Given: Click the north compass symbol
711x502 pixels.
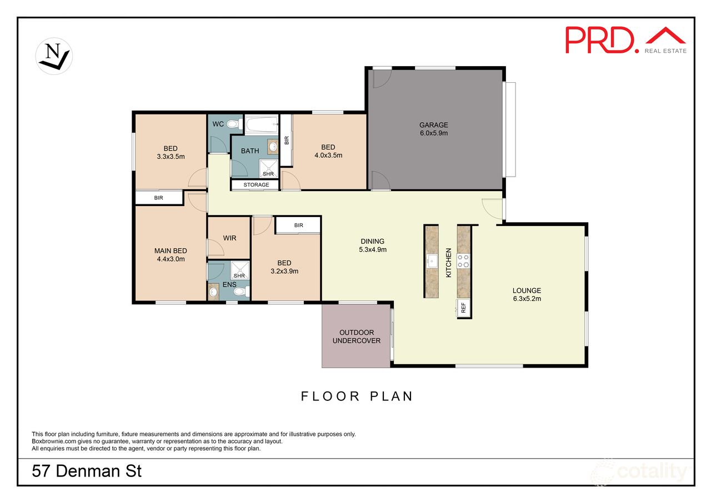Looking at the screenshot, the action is click(x=54, y=57).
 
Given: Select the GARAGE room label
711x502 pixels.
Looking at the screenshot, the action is click(x=434, y=125).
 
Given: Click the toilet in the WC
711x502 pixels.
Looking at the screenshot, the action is click(x=235, y=124).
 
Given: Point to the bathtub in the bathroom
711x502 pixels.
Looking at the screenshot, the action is click(x=262, y=125).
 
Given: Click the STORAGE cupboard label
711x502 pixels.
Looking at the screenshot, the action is click(x=256, y=185).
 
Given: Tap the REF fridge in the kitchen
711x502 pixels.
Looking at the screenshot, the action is click(x=463, y=308).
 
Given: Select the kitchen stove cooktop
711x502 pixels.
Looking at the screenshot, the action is click(x=463, y=261).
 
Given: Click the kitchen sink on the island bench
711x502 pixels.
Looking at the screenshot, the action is click(x=432, y=262).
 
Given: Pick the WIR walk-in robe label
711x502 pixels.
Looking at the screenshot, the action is click(x=229, y=238).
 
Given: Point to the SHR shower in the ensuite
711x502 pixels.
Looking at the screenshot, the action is click(x=239, y=270).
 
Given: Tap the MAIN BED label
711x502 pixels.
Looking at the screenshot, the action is click(x=171, y=250).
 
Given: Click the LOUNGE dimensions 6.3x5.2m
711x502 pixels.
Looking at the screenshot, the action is click(x=527, y=299).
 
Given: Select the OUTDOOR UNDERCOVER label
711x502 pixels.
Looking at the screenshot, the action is click(x=357, y=337).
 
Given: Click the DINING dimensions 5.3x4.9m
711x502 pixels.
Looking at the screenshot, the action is click(x=373, y=250).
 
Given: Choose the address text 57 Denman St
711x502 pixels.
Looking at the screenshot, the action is click(x=87, y=471).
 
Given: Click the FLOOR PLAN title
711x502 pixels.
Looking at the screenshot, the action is click(x=357, y=396).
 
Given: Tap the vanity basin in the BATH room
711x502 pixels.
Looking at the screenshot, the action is click(x=273, y=147).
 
